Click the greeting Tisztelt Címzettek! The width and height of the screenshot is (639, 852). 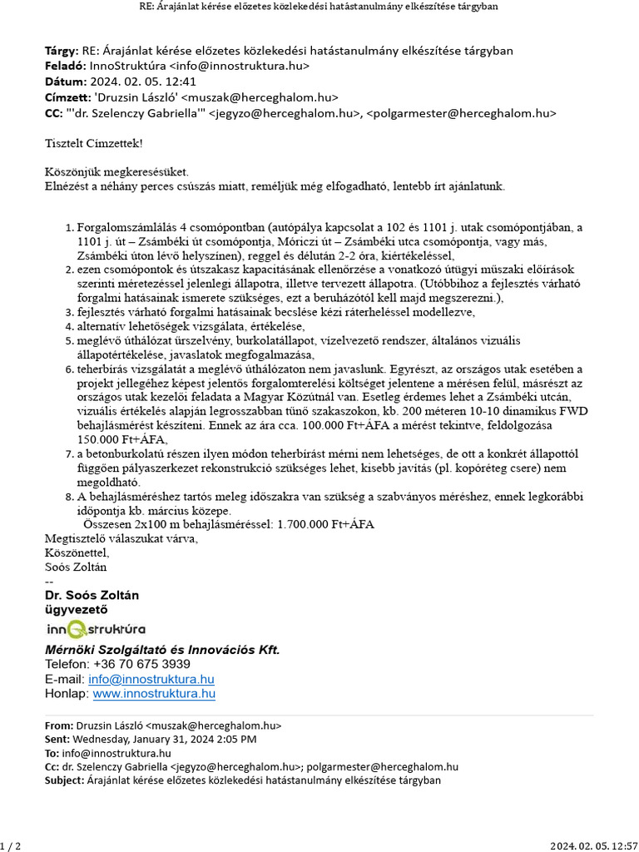tap(93, 144)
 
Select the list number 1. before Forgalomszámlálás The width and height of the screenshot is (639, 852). tap(69, 227)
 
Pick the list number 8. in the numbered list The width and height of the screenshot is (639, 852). tap(69, 497)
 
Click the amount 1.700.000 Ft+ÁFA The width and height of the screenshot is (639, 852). tap(325, 524)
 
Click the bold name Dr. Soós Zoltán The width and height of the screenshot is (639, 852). tap(92, 595)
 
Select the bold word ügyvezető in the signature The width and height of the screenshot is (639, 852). tap(76, 610)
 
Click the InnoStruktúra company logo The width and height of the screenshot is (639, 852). tap(95, 629)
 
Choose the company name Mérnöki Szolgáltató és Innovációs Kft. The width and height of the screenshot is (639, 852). tap(162, 650)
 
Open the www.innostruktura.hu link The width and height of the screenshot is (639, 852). tap(154, 693)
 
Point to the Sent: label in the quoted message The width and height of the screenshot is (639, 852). tap(57, 739)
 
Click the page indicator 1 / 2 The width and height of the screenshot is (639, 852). tap(10, 845)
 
